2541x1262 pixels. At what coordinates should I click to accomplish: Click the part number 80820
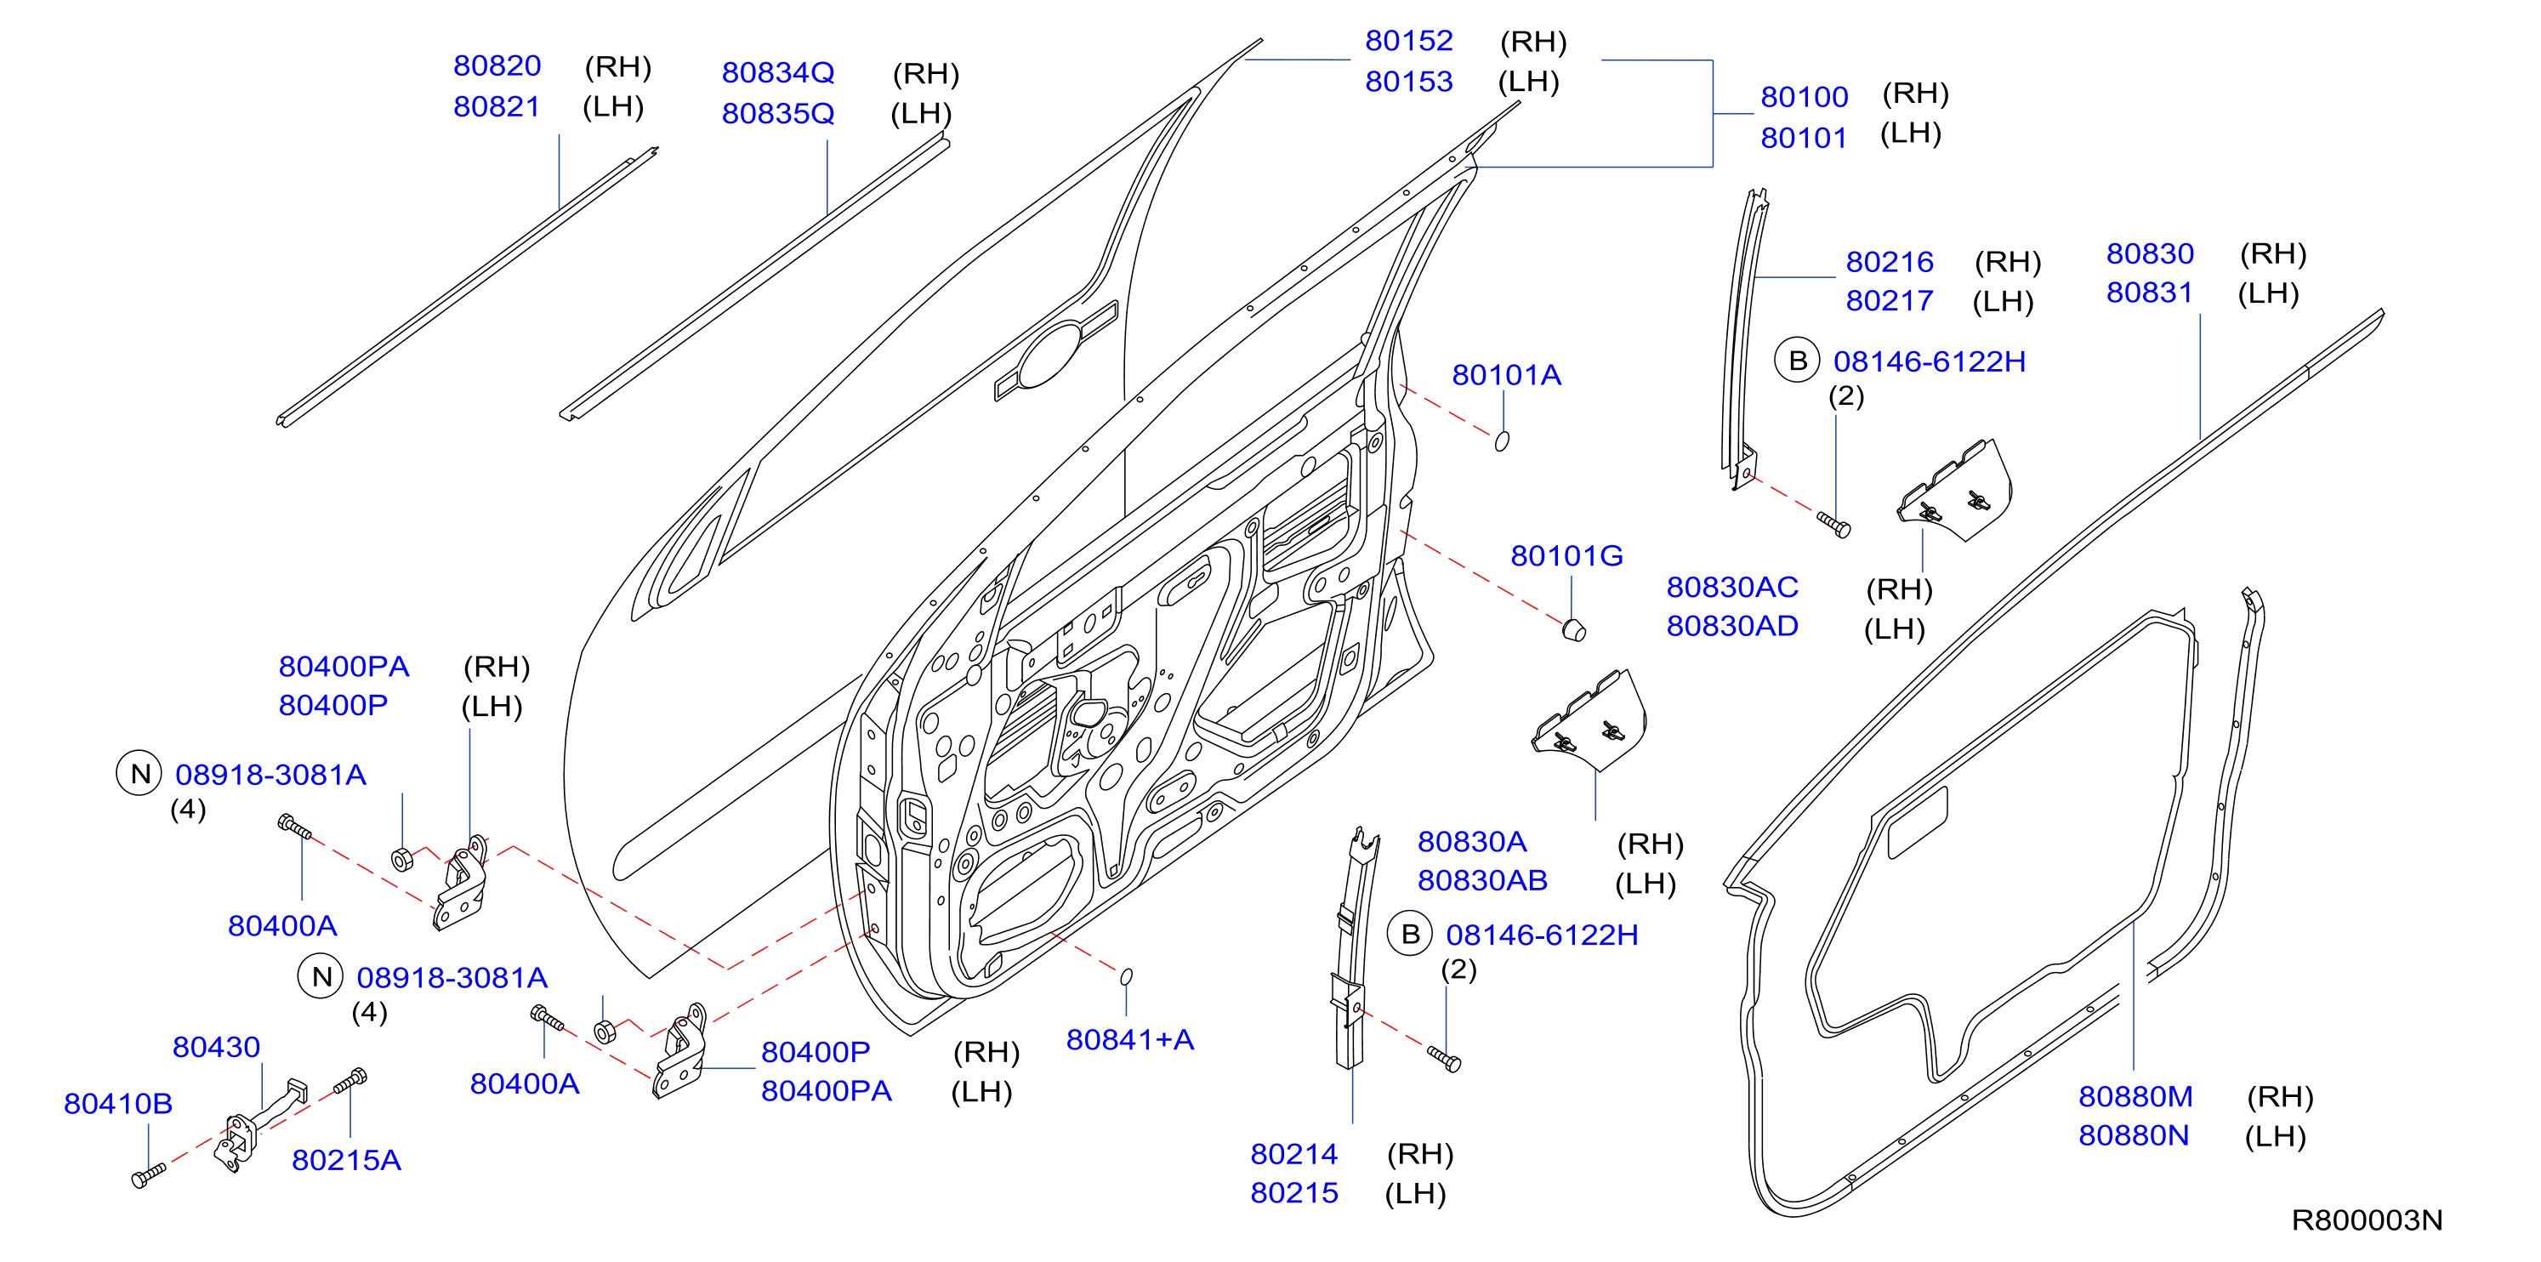[497, 66]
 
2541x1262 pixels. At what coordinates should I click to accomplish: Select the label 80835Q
[778, 113]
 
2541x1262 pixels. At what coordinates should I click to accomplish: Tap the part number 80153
[1408, 81]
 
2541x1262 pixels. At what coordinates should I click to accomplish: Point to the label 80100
[1805, 97]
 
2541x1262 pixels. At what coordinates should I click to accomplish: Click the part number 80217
[1889, 300]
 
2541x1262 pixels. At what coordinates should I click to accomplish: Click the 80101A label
[1506, 375]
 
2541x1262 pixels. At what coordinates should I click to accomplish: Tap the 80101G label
[1566, 555]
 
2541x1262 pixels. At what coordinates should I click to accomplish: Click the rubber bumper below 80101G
[1574, 628]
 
